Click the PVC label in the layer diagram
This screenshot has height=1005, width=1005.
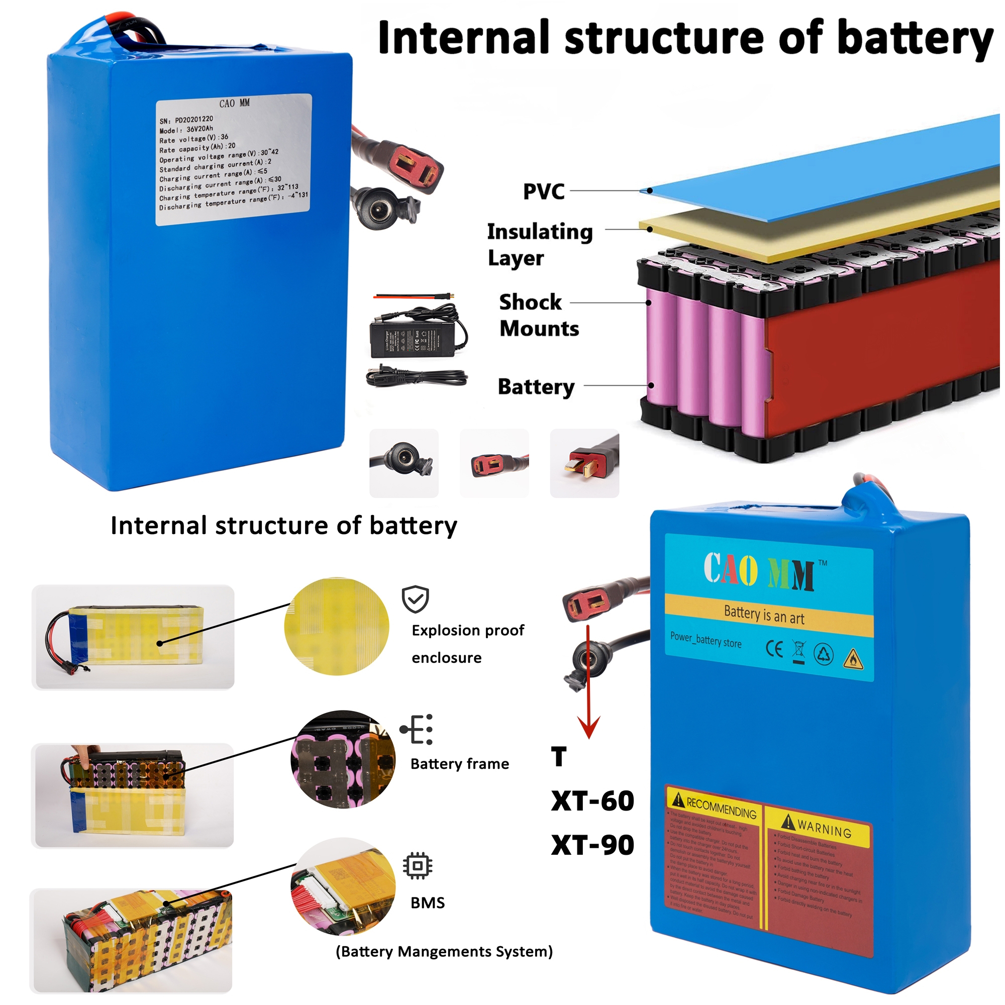coord(544,191)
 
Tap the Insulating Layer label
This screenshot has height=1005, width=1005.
coord(539,244)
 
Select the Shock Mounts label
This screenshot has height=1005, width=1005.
coord(538,315)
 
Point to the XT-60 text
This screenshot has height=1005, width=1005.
coord(592,800)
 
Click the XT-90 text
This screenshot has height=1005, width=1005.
coord(592,845)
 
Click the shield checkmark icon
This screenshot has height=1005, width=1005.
coord(415,599)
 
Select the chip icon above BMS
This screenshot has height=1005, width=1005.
coord(417,866)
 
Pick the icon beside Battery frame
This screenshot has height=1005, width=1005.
coord(417,729)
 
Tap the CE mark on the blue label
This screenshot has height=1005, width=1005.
coord(774,649)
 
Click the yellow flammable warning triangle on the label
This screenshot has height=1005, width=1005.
coord(853,659)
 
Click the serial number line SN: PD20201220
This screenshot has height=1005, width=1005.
coord(186,120)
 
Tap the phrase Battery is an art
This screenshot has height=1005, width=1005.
coord(764,615)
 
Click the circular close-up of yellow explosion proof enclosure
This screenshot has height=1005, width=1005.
coord(337,626)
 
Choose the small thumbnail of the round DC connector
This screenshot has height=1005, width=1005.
coord(404,463)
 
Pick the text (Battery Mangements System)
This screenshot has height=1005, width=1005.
coord(444,951)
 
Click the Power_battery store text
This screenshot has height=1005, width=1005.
coord(706,640)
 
